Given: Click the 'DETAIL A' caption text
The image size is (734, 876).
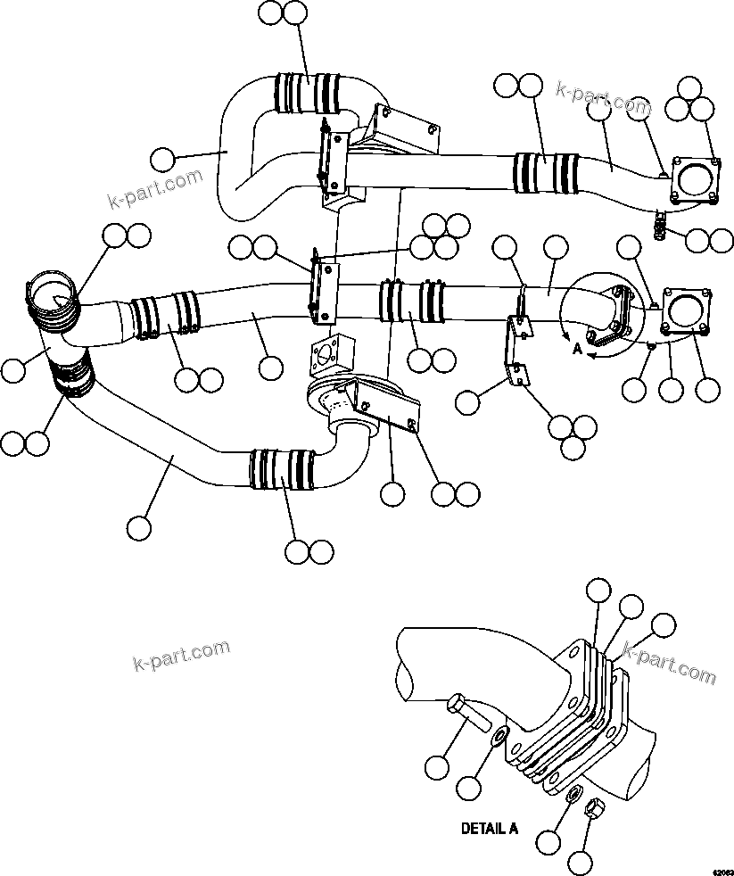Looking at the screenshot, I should point(489,828).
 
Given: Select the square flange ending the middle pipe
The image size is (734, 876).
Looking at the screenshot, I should point(687,311).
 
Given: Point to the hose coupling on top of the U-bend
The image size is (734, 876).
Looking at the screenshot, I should point(309,93).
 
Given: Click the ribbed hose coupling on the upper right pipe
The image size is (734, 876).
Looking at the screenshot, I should point(546,171).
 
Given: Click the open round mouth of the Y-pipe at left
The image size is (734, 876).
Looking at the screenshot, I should point(52,298).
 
